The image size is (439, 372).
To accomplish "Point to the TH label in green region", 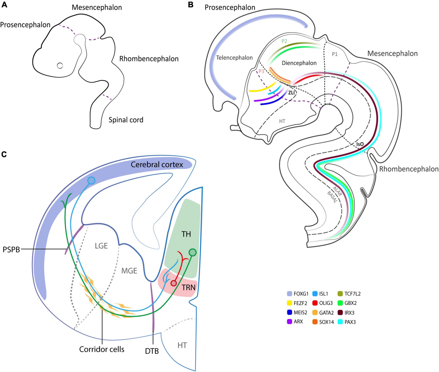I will [x=186, y=234].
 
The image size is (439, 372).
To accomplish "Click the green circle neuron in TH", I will [x=193, y=252].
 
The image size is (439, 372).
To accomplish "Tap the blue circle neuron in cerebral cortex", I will [x=91, y=180].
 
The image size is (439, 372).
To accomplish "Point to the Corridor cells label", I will [x=102, y=349].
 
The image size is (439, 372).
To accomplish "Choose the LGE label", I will [x=101, y=246].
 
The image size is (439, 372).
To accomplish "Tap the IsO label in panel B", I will [x=360, y=145].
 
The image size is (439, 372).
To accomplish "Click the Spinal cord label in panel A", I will [x=125, y=120].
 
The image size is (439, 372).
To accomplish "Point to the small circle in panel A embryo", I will [x=60, y=66].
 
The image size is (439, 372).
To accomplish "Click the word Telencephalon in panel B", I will [x=234, y=58].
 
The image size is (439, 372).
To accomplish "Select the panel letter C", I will [x=4, y=154].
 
